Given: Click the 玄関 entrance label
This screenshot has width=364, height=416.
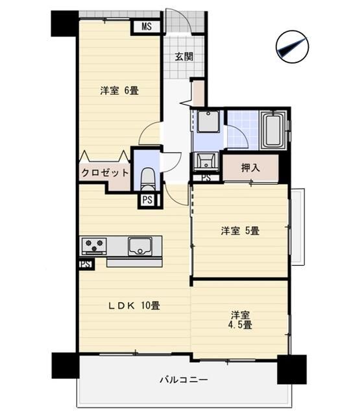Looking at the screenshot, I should [184, 57].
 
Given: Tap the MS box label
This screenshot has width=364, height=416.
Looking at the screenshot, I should [147, 27].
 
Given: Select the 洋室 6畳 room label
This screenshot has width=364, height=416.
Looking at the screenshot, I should [119, 91].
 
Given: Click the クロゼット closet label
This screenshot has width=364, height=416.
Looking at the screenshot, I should [104, 174].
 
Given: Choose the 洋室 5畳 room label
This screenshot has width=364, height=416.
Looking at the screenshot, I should [240, 230].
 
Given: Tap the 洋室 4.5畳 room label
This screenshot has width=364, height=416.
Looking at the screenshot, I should [240, 319].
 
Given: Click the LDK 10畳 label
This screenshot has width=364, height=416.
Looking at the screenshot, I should [134, 305].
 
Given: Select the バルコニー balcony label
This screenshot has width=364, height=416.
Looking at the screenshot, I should [184, 379].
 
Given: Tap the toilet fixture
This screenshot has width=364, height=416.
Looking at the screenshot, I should [147, 177].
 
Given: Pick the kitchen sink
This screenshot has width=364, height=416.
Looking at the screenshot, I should [139, 246].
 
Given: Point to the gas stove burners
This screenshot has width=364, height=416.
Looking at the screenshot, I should [93, 246].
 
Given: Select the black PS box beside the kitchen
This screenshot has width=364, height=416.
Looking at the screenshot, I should [84, 265].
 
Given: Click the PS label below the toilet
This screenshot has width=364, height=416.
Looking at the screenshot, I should [147, 200].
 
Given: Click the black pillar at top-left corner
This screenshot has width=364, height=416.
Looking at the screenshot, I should [64, 23].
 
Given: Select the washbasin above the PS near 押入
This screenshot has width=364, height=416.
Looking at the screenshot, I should [206, 161].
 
